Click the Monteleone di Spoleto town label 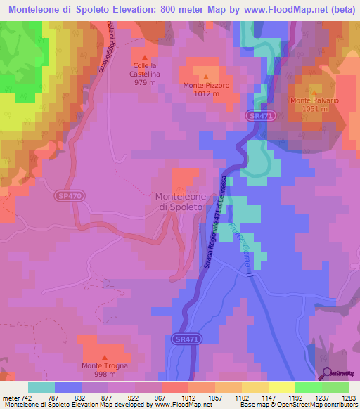[x=180, y=202]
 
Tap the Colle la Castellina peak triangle [x=145, y=58]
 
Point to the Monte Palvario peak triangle [x=314, y=91]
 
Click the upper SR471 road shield [x=259, y=115]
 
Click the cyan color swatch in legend [x=41, y=387]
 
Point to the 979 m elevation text [x=145, y=82]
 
